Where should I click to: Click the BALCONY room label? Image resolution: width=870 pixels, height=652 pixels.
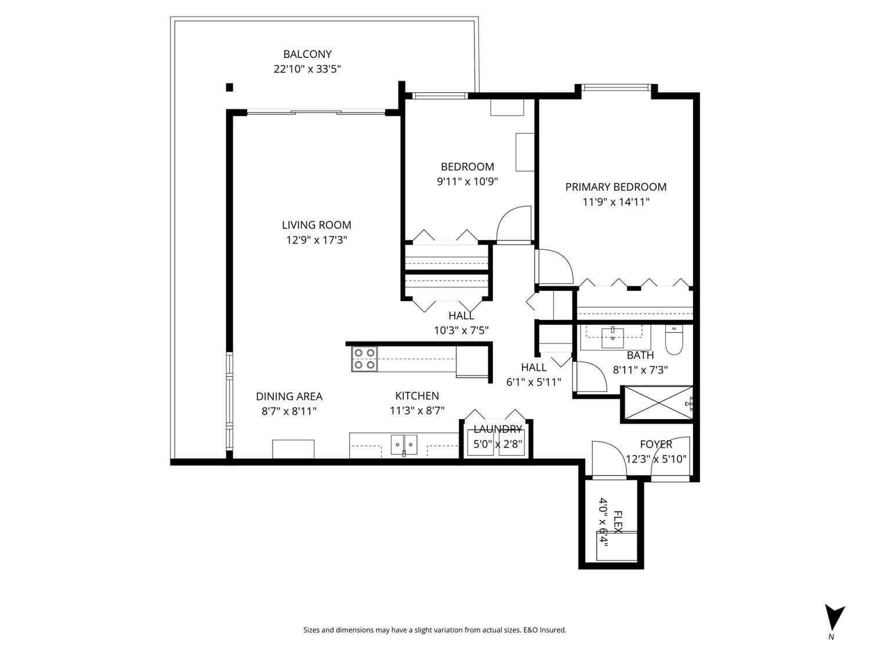(x=307, y=54)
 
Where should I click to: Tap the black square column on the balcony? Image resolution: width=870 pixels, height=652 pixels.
(x=230, y=88)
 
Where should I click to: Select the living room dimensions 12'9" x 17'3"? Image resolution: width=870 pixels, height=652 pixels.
(x=317, y=240)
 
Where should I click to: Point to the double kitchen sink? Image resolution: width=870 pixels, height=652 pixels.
(x=404, y=445)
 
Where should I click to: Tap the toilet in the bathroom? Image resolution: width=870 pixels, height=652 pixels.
(x=673, y=340)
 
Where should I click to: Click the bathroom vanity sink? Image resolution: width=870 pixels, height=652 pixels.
(x=612, y=338)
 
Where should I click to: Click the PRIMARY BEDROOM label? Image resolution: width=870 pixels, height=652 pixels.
(x=616, y=187)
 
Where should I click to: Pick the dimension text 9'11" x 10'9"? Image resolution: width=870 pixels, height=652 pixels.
(x=467, y=182)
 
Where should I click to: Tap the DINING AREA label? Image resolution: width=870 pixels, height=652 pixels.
(x=289, y=396)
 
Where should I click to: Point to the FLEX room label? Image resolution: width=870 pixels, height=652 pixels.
(x=618, y=522)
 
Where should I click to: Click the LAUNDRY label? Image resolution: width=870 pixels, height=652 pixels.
(x=498, y=429)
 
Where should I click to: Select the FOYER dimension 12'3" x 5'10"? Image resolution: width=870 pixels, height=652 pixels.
(x=656, y=459)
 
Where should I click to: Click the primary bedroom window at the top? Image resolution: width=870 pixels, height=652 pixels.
(x=616, y=88)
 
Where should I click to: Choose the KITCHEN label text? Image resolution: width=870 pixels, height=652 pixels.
(x=417, y=395)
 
